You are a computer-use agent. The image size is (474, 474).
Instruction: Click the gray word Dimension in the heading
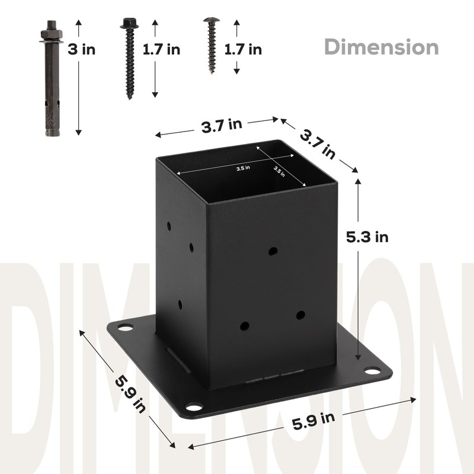(x=383, y=46)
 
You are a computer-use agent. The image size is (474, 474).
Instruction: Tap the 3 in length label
(x=81, y=50)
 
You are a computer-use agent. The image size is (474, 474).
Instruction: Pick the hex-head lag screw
(x=129, y=59)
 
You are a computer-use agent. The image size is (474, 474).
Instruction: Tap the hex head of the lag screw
(x=129, y=24)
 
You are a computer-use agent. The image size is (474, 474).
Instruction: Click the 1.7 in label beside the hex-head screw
(x=161, y=50)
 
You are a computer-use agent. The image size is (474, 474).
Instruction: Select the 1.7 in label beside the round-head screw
(x=243, y=50)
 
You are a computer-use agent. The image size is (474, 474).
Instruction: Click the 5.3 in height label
(x=367, y=237)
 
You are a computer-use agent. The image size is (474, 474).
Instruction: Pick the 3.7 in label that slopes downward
(x=318, y=144)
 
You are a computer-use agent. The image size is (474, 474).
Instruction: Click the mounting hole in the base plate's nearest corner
(x=193, y=407)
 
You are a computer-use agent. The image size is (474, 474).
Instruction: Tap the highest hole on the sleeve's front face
(x=273, y=251)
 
